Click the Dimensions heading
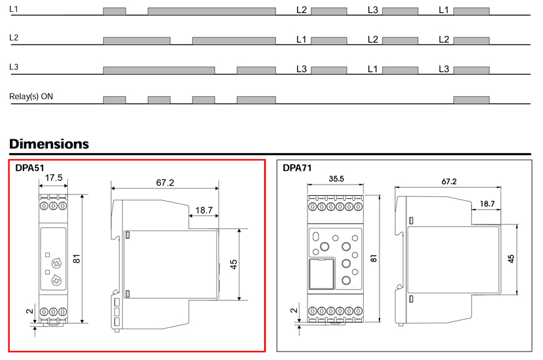coord(49,144)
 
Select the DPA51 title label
coord(30,168)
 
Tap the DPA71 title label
coord(297,168)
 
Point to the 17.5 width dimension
coord(54,178)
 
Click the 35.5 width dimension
coord(336,179)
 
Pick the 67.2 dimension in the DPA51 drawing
coord(165,183)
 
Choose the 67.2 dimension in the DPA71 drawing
coord(449,181)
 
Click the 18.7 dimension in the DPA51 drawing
coord(203,210)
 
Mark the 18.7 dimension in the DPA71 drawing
coord(487,204)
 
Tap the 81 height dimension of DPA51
coord(77,259)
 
